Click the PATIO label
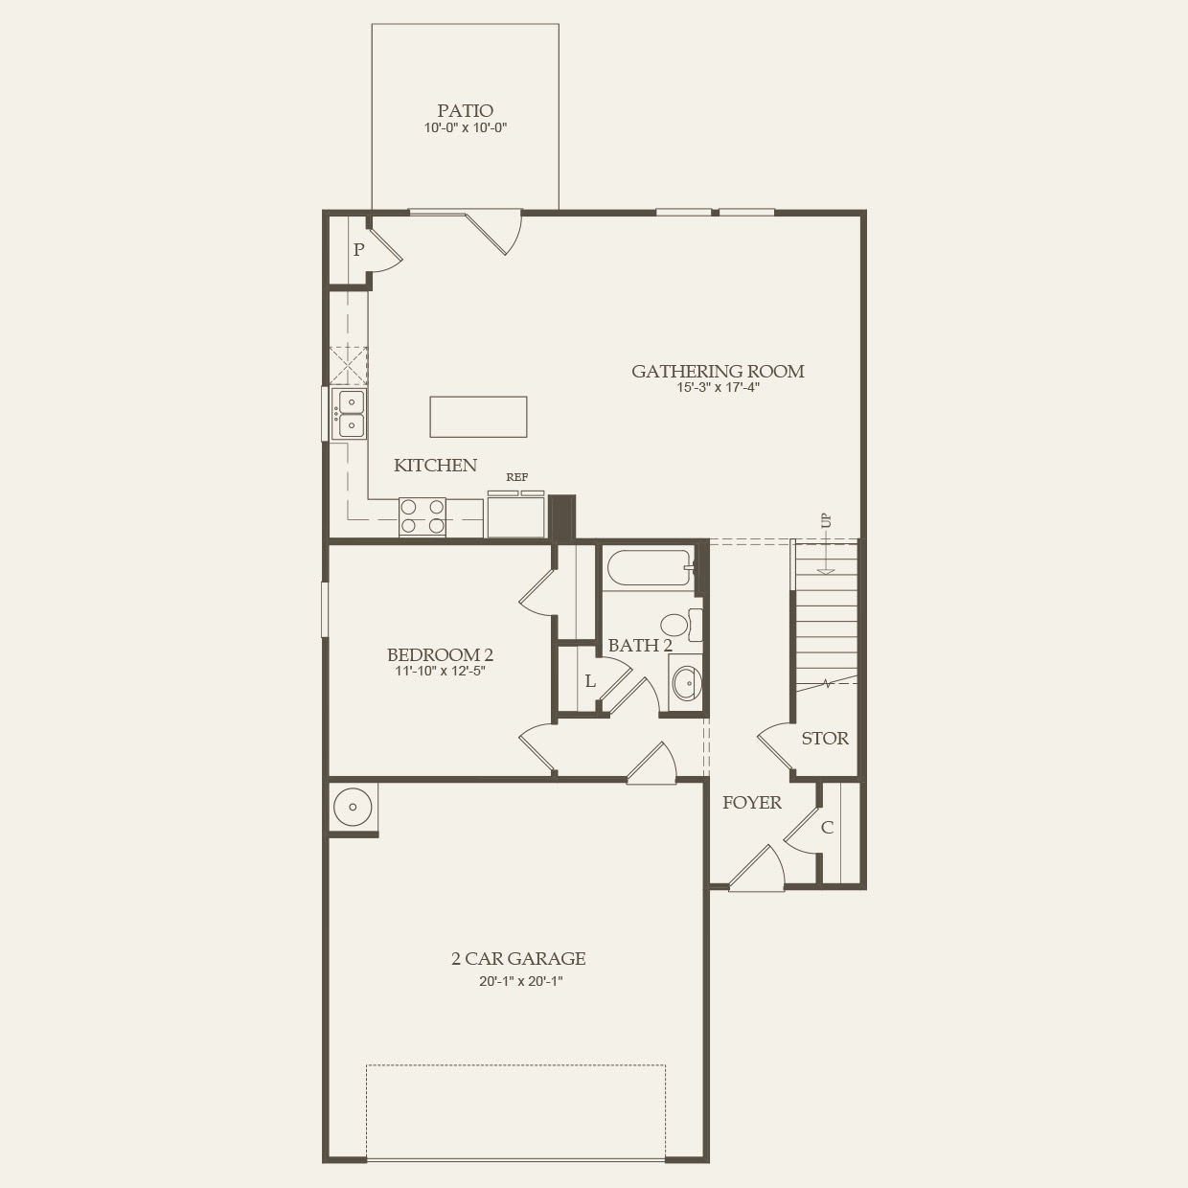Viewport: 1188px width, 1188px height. (x=465, y=111)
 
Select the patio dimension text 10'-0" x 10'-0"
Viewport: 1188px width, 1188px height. (x=465, y=128)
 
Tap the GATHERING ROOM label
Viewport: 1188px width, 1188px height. (x=718, y=371)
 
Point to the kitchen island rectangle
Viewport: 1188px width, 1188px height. (x=478, y=417)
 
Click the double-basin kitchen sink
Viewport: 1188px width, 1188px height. (x=349, y=414)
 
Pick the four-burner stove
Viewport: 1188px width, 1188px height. (x=423, y=517)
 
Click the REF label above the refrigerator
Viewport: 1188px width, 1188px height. (x=516, y=477)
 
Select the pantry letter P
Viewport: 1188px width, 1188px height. (x=358, y=250)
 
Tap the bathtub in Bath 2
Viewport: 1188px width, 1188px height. (x=648, y=568)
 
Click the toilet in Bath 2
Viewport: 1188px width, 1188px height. (x=679, y=625)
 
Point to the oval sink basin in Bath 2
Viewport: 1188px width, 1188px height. (x=685, y=683)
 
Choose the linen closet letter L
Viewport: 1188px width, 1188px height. (x=590, y=682)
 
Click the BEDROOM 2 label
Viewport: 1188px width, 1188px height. (x=440, y=655)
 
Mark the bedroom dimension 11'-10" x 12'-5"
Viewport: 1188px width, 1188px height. (x=440, y=672)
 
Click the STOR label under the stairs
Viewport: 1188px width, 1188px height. (x=825, y=739)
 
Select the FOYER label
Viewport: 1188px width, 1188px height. (x=751, y=803)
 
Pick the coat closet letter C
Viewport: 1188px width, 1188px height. (x=827, y=827)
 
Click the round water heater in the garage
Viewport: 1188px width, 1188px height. (x=352, y=808)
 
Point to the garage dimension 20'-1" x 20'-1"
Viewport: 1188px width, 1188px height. (x=518, y=981)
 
